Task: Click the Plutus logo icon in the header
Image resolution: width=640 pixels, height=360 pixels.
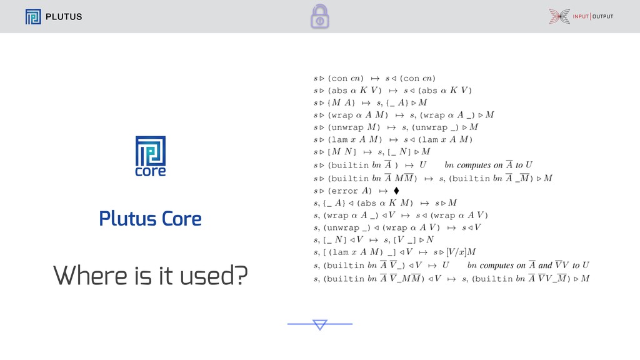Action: pyautogui.click(x=33, y=17)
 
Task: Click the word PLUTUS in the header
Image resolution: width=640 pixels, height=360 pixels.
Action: pyautogui.click(x=64, y=17)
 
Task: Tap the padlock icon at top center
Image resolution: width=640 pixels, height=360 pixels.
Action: pyautogui.click(x=320, y=16)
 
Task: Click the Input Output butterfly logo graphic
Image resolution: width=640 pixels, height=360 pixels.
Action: pyautogui.click(x=559, y=16)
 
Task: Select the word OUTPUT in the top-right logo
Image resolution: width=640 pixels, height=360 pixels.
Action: pyautogui.click(x=603, y=16)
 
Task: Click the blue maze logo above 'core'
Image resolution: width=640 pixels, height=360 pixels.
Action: pyautogui.click(x=151, y=151)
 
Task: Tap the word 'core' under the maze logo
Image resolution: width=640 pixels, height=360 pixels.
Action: pyautogui.click(x=151, y=171)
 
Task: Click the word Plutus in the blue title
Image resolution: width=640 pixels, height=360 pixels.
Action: pyautogui.click(x=127, y=218)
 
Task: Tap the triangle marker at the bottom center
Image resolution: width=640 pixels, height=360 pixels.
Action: pyautogui.click(x=320, y=324)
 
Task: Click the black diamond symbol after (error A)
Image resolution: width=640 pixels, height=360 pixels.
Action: pyautogui.click(x=396, y=191)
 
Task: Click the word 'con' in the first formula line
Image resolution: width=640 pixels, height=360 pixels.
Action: pyautogui.click(x=339, y=78)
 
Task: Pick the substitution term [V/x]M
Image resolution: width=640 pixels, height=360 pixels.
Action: pyautogui.click(x=461, y=252)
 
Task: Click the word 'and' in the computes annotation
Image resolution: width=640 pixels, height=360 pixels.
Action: pyautogui.click(x=545, y=265)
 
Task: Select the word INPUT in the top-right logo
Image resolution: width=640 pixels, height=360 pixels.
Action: pyautogui.click(x=581, y=16)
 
